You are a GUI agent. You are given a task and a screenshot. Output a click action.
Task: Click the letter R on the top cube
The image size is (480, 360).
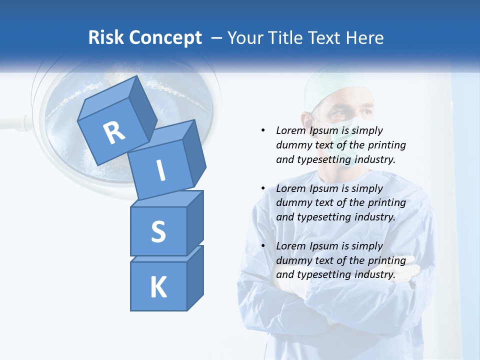click(114, 132)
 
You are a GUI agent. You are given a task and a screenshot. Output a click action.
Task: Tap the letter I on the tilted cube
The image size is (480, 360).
click(160, 170)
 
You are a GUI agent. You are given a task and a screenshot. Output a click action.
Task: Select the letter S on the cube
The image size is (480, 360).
click(158, 231)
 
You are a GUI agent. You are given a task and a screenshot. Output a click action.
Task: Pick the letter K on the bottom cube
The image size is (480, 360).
click(158, 287)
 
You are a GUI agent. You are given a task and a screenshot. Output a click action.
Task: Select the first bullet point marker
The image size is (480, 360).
click(263, 130)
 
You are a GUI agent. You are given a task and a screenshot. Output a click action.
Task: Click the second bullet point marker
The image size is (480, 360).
click(263, 188)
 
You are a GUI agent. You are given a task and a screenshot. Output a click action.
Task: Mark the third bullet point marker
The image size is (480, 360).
click(263, 246)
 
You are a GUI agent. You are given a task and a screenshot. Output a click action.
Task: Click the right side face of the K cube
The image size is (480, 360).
click(195, 277)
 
